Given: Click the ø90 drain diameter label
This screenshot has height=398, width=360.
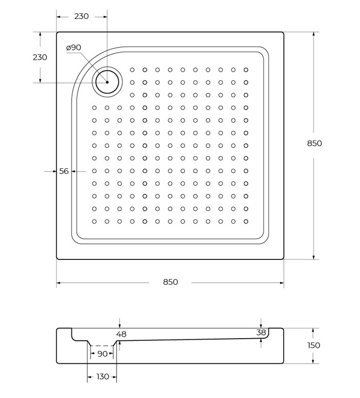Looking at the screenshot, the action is point(74,48).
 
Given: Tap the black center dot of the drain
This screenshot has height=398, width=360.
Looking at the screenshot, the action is point(107,82).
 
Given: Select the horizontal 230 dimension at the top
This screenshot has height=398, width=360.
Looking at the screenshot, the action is point(81,16).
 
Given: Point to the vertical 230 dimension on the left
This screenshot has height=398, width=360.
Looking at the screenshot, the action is point(40,57).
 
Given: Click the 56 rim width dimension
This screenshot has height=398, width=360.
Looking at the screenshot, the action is point(64,171).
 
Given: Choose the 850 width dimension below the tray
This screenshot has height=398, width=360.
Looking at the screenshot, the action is point(170,282).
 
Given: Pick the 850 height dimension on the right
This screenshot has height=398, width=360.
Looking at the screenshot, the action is point(314,143).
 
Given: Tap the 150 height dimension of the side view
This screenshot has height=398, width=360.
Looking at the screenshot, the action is point(314,345).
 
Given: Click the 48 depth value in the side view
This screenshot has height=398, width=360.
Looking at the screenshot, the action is point(121,334).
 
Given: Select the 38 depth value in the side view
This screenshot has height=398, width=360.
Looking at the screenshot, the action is point(261,332).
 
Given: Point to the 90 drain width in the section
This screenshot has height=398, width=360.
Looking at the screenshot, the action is point(102,354).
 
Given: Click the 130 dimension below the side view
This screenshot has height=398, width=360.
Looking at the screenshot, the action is point(103,377).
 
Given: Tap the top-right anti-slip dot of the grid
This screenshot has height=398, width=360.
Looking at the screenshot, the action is point(246,70).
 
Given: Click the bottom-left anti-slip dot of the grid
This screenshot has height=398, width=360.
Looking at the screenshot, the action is point(95,222).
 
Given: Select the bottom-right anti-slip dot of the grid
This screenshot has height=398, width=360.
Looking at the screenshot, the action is point(246,222).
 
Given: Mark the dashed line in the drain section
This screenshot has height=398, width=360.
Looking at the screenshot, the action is point(102,346).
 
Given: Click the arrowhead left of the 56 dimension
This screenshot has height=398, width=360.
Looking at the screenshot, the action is point(54,171).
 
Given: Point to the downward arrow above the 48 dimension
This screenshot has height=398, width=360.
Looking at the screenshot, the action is point(120,323).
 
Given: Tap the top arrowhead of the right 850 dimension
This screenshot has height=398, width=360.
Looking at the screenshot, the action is point(314,34).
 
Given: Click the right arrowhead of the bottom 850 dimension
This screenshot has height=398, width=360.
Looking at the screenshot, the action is point(282,283).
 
